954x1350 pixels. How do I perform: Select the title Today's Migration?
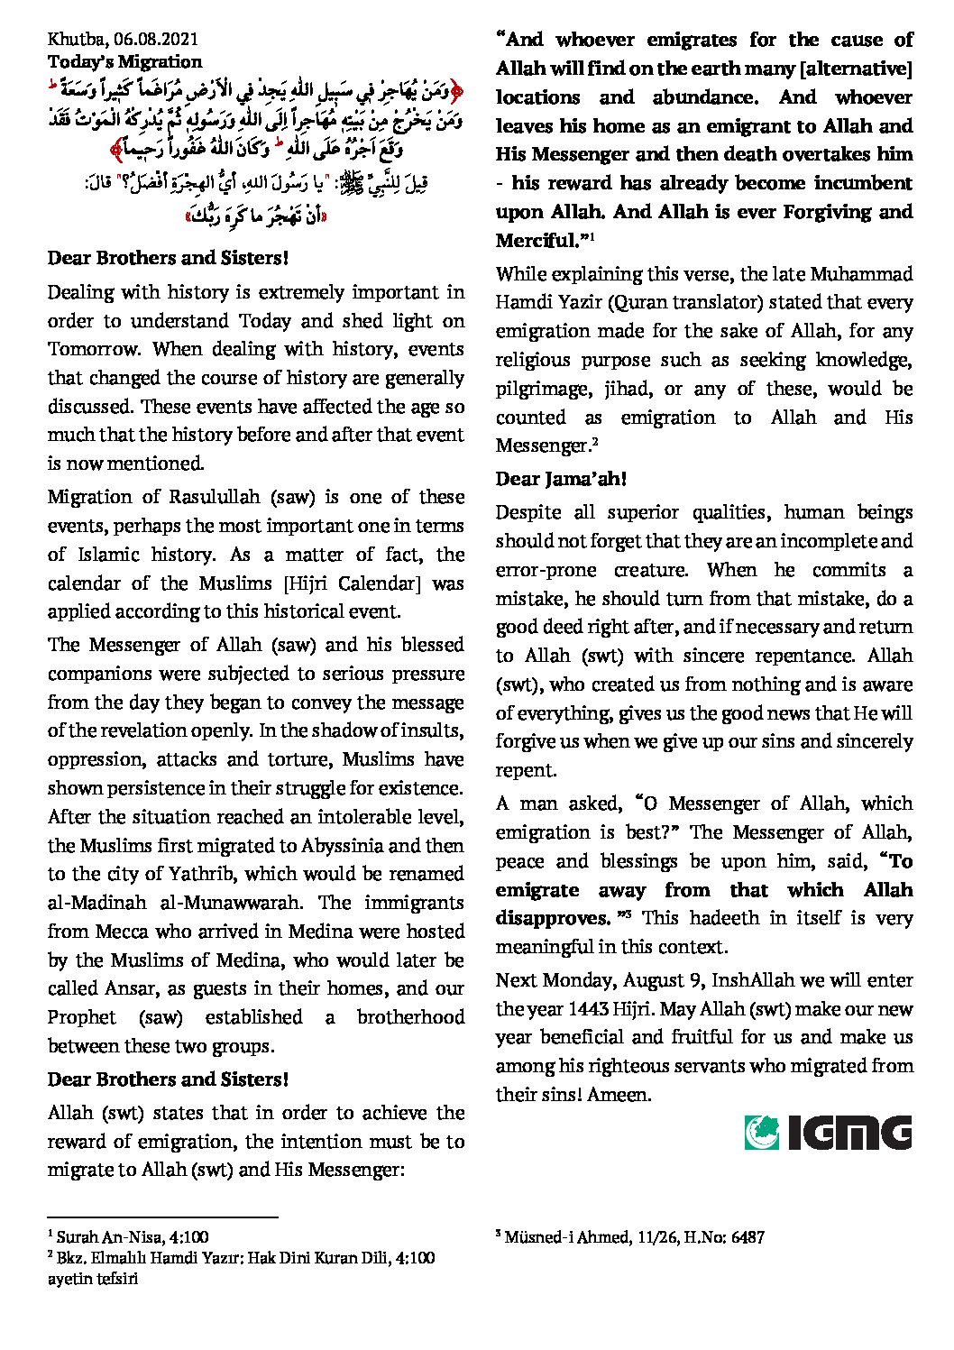tap(124, 61)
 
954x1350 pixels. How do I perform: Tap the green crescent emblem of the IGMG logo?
tap(762, 1133)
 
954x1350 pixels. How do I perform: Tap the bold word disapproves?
tap(553, 919)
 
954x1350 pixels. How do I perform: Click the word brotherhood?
tap(410, 1017)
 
